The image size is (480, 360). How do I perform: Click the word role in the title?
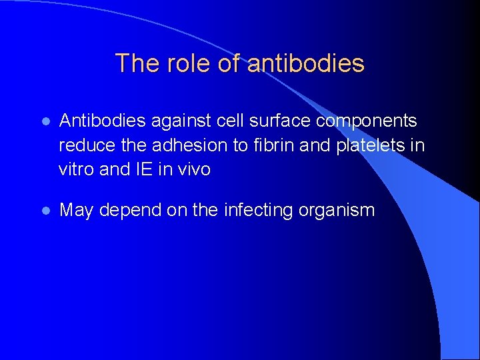coord(193,63)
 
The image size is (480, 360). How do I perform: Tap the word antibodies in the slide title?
coord(306,63)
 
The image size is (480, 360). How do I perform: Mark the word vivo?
coord(194,169)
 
